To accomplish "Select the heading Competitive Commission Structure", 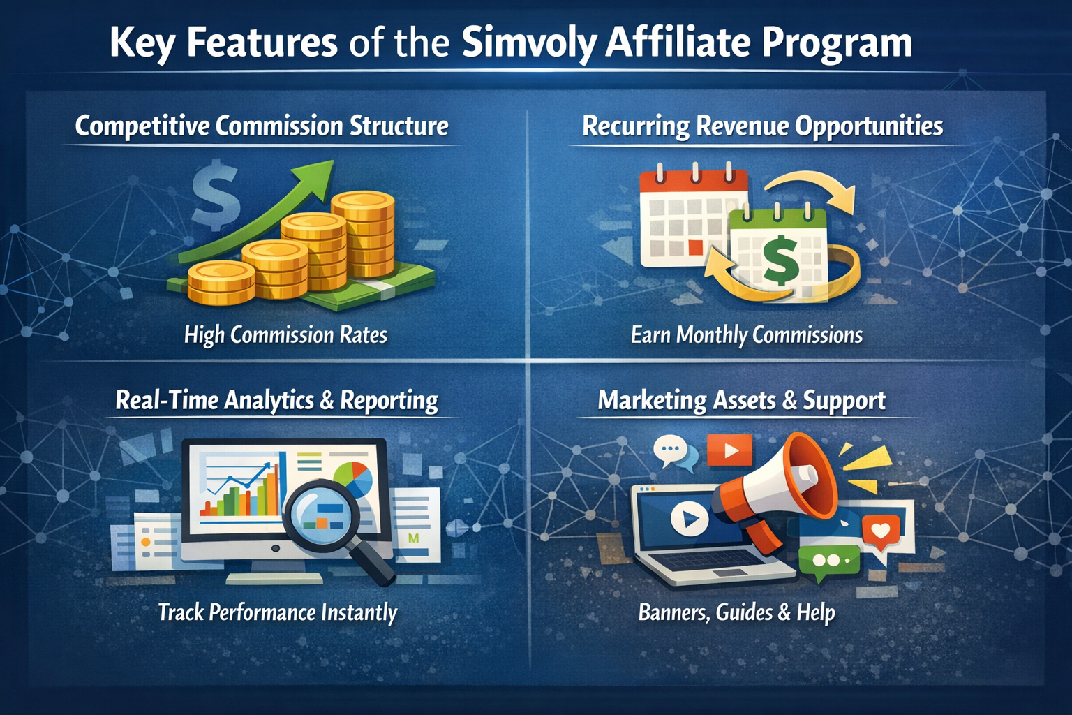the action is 262,126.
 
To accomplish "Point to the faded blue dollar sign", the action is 216,194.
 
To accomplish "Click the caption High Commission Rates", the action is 285,335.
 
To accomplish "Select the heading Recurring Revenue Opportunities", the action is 763,126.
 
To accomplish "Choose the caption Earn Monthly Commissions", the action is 747,335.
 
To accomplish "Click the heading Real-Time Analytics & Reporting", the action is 276,400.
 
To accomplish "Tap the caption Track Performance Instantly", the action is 278,613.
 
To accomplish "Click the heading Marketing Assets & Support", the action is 741,400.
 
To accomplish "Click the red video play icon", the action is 729,450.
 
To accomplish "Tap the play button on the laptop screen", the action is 690,519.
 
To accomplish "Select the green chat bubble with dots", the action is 829,562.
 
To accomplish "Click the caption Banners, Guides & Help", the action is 736,613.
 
